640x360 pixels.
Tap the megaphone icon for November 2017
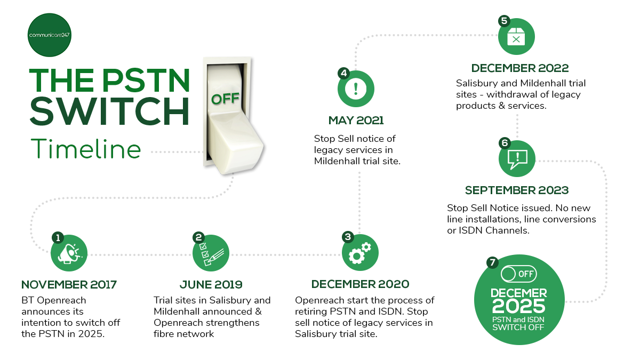coord(69,253)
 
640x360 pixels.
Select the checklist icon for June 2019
coord(211,253)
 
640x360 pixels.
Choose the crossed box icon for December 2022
coord(516,37)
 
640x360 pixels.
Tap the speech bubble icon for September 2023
coord(516,158)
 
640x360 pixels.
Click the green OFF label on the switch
coord(225,99)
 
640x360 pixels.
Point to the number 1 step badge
coord(57,237)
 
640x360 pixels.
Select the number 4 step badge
coord(343,73)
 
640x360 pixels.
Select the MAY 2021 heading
coord(356,121)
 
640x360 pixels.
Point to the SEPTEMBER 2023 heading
coord(516,190)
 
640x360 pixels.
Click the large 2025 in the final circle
coord(518,306)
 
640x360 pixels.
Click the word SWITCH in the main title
coord(109,110)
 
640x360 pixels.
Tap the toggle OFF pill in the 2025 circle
coord(518,274)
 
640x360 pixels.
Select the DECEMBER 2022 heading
coord(519,68)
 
